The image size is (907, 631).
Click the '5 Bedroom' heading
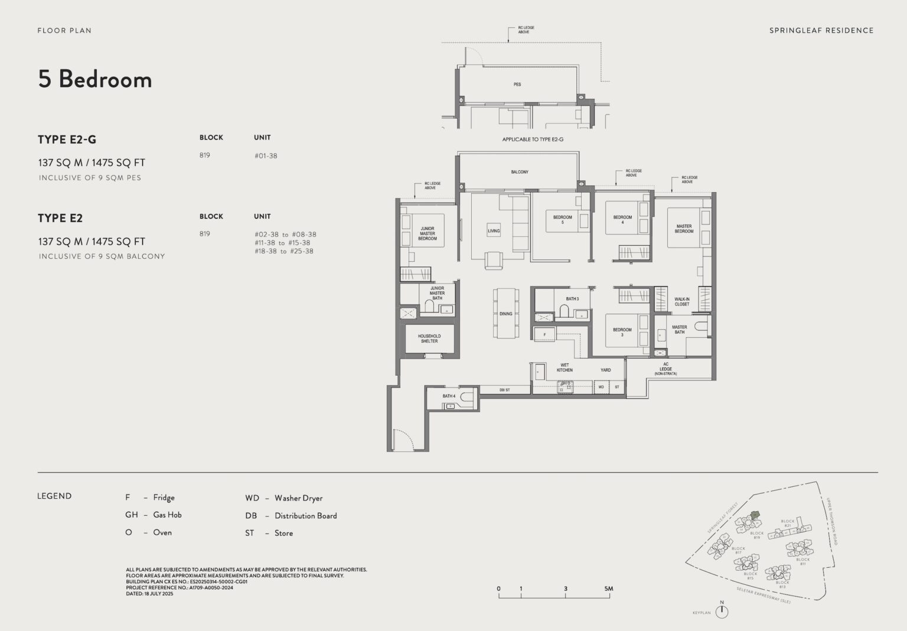pyautogui.click(x=95, y=79)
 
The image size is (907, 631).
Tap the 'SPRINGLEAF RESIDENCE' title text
pyautogui.click(x=821, y=30)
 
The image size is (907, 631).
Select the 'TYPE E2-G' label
pyautogui.click(x=67, y=139)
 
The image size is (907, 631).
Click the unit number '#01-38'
pyautogui.click(x=265, y=156)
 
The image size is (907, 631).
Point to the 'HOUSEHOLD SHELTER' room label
pyautogui.click(x=429, y=339)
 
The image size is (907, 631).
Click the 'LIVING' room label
pyautogui.click(x=494, y=231)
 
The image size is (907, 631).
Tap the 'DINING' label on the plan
pyautogui.click(x=506, y=314)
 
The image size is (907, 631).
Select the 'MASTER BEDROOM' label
pyautogui.click(x=684, y=229)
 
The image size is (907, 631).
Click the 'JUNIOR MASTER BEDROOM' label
pyautogui.click(x=428, y=233)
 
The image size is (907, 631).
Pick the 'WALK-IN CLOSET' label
pyautogui.click(x=681, y=302)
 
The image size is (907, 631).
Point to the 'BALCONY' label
pyautogui.click(x=520, y=172)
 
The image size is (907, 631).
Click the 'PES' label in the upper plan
pyautogui.click(x=517, y=84)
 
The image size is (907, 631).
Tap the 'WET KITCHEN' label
pyautogui.click(x=565, y=367)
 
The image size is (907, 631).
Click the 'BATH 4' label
pyautogui.click(x=449, y=396)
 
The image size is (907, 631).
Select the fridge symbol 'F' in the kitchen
pyautogui.click(x=544, y=335)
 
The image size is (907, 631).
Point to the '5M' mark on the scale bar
pyautogui.click(x=608, y=588)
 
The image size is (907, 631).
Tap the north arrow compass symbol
pyautogui.click(x=722, y=612)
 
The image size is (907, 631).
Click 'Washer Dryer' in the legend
pyautogui.click(x=298, y=498)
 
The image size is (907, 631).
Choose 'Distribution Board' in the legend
pyautogui.click(x=305, y=516)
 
